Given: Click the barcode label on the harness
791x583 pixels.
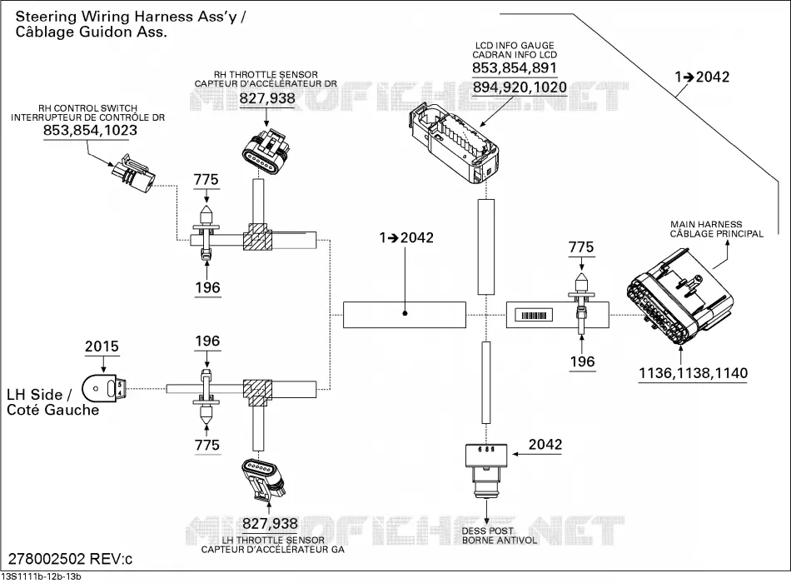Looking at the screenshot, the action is pos(534,316).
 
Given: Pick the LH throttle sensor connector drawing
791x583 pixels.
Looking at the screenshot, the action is pos(264,479).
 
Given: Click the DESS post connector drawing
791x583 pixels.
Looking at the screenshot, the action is pos(485,471).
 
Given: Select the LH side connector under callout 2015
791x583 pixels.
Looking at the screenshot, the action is pos(103,390).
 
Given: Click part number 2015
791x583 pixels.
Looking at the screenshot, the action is pos(102,346).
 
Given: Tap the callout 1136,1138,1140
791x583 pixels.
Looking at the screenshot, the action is pos(693,373).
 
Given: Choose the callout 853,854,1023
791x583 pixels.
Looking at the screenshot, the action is pos(90,130).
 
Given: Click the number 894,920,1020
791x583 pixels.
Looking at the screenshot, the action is pos(520,87).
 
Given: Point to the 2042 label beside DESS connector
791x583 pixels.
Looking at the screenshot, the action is pos(545,444).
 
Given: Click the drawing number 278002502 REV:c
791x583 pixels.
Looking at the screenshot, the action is pos(71,560).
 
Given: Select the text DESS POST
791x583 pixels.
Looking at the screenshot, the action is pos(487,531).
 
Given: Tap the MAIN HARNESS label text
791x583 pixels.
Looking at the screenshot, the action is pos(706,224).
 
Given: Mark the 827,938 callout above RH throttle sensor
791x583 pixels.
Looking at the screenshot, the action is pos(267,98).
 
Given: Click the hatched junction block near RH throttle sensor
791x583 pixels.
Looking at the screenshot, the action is pos(257,237).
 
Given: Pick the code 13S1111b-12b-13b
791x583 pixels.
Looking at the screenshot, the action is pos(42,577).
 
